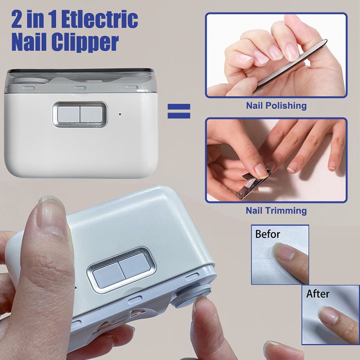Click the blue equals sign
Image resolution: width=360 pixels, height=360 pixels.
point(179,111)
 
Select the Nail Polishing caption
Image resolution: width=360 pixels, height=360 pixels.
point(276,106)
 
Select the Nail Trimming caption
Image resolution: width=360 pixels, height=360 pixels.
point(276,210)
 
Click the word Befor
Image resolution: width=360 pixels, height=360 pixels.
point(268,234)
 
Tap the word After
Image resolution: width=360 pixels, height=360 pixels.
point(318,294)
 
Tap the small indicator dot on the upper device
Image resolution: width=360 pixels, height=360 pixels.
point(120,113)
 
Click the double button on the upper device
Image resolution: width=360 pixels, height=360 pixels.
point(80,114)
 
